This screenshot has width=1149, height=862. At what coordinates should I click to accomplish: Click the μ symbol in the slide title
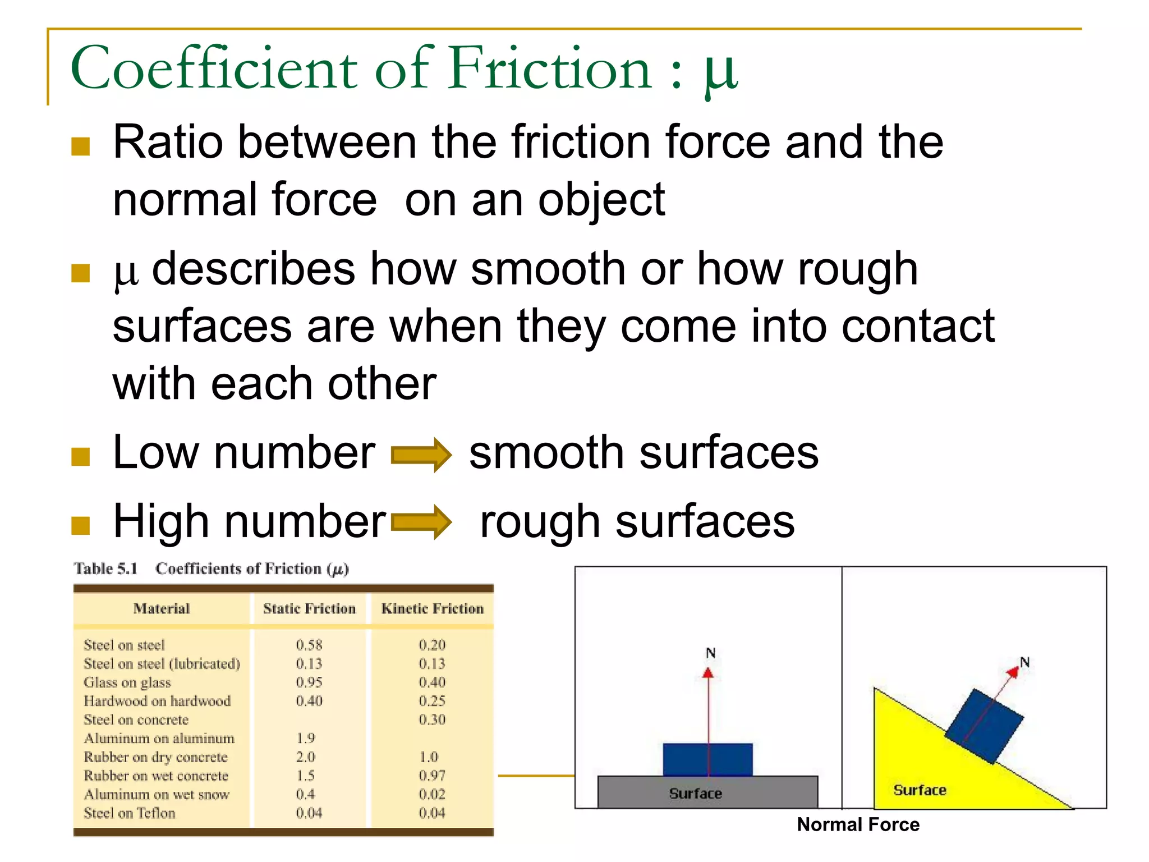[x=721, y=73]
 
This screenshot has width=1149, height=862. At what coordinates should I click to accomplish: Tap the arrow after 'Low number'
[x=421, y=455]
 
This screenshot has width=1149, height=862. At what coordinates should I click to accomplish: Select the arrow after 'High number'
[x=421, y=522]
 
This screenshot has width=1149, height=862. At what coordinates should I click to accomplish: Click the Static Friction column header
[x=309, y=609]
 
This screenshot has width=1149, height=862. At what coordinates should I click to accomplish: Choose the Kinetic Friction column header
[x=432, y=609]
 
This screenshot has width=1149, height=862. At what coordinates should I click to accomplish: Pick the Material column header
[x=162, y=609]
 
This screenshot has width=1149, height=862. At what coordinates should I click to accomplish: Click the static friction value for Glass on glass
[x=309, y=682]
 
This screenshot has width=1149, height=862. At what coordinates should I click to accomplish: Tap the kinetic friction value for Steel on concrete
[x=432, y=719]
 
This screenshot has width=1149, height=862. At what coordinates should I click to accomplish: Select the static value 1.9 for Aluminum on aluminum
[x=306, y=738]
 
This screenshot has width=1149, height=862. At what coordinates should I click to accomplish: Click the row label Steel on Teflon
[x=130, y=813]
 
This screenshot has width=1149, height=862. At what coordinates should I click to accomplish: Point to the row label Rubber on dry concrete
[x=155, y=757]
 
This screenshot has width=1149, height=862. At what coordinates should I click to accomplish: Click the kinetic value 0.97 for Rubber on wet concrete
[x=432, y=776]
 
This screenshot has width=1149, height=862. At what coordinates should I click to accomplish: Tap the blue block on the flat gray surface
[x=707, y=760]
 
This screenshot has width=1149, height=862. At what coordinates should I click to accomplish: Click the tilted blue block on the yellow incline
[x=984, y=726]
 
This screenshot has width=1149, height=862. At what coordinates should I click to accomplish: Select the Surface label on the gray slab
[x=695, y=794]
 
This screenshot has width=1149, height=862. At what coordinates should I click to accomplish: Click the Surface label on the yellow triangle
[x=920, y=790]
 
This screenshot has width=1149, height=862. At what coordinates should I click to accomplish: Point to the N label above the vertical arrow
[x=710, y=653]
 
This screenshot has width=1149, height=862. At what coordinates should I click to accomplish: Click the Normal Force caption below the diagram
[x=858, y=824]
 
